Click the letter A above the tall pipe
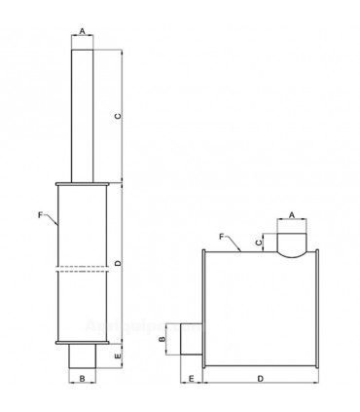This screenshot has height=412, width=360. pos(83,32)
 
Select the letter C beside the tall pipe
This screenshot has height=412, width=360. pos(118,116)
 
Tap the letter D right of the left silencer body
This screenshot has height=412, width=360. pos(118,264)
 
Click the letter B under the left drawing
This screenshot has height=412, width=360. pos(83,377)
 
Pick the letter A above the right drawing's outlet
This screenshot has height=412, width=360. pos(293,215)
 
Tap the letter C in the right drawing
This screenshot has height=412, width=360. pos(258,242)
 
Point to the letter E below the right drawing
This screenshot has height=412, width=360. pos(192,377)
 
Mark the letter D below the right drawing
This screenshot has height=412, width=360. pos(260,377)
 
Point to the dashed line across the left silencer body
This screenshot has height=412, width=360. pos(83,271)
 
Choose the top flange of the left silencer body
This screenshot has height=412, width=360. pos(83,183)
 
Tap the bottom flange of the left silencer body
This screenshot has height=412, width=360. pos(83,343)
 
